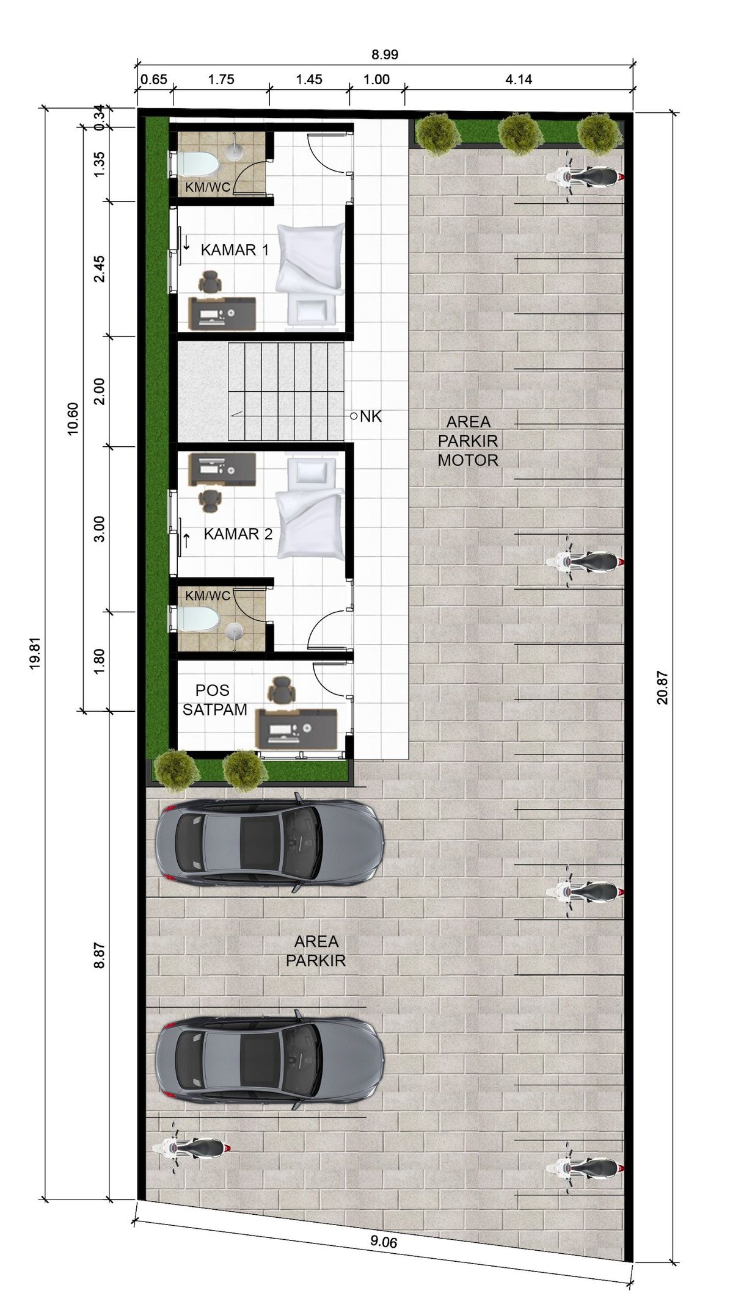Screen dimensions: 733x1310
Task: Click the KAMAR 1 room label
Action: coord(235,250)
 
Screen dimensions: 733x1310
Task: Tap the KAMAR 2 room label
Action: coord(238,534)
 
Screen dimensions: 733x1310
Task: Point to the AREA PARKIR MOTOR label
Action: coord(469,441)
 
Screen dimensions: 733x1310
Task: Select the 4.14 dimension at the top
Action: coord(519,79)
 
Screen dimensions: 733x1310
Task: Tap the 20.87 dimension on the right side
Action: coord(663,687)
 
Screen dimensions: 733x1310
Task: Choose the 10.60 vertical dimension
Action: coord(73,419)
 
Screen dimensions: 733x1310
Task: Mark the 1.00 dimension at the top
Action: coord(377,79)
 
